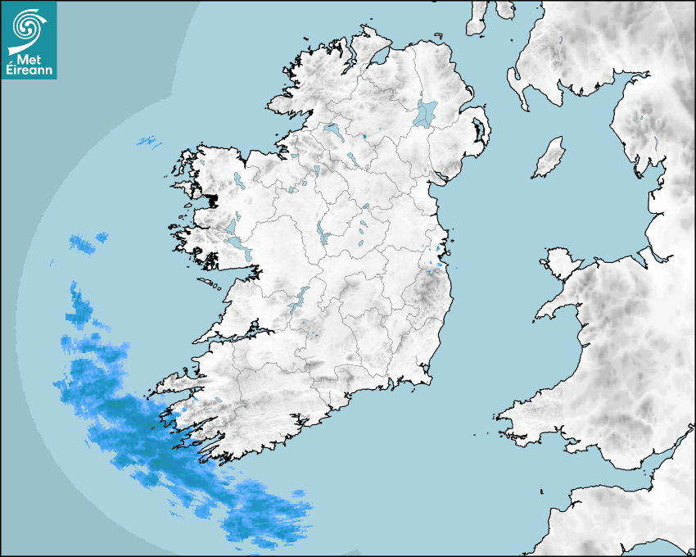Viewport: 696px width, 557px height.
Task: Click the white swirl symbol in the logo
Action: (x=28, y=28)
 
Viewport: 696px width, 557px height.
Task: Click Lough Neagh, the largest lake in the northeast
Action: (x=426, y=113)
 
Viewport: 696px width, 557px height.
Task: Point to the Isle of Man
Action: (x=549, y=158)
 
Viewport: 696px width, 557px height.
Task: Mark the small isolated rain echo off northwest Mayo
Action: (x=147, y=141)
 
